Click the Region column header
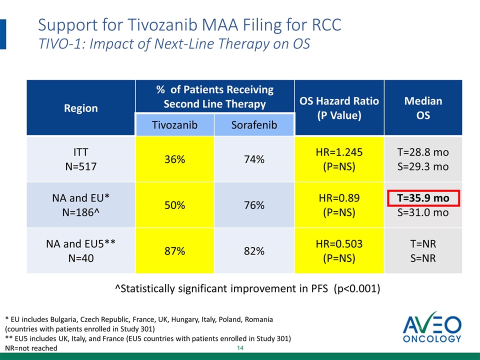(81, 108)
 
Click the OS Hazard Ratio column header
(339, 108)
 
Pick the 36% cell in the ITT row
(175, 159)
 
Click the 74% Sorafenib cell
(254, 159)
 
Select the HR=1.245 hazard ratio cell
(339, 159)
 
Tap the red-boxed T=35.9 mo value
(423, 198)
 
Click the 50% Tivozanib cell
(175, 205)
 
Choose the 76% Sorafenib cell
(254, 205)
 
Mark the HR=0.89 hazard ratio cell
(339, 205)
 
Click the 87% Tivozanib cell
(175, 251)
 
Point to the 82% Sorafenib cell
(254, 251)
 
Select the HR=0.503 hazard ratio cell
(339, 251)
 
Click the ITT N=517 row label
(81, 159)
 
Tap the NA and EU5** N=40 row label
(81, 251)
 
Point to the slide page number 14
(240, 347)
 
